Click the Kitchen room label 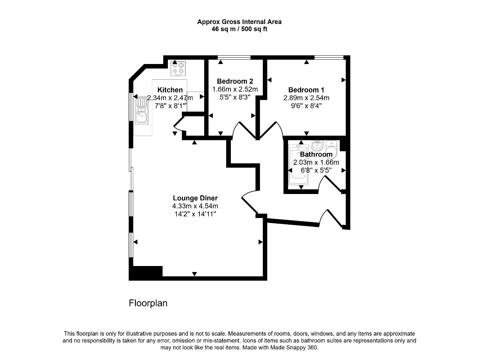(170, 90)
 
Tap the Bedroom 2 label (235, 81)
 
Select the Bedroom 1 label (306, 90)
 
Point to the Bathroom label (316, 154)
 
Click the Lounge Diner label (195, 198)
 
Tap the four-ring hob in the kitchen (178, 68)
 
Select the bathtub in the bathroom (298, 165)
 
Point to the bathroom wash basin (317, 145)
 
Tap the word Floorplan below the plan (148, 303)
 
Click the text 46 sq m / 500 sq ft (239, 29)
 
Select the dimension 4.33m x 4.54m (195, 206)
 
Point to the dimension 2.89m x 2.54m (306, 98)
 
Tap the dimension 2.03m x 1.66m (316, 162)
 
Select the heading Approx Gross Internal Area (239, 22)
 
